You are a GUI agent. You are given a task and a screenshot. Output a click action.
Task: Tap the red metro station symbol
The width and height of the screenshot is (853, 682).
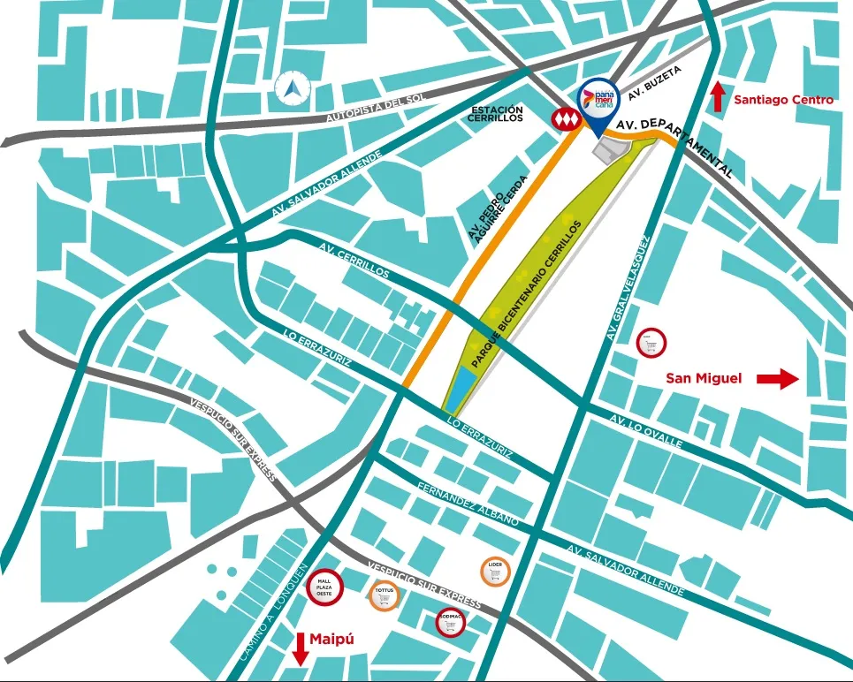pyautogui.click(x=563, y=118)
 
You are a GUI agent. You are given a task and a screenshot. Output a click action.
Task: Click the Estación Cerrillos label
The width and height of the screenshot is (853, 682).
pyautogui.click(x=497, y=117)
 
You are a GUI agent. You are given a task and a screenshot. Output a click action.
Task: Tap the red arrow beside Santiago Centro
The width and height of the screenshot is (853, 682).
pyautogui.click(x=718, y=95)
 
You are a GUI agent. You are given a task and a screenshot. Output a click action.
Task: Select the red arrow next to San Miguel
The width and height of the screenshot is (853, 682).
pyautogui.click(x=778, y=379)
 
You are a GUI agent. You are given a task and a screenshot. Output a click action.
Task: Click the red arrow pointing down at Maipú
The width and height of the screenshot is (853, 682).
pyautogui.click(x=300, y=648)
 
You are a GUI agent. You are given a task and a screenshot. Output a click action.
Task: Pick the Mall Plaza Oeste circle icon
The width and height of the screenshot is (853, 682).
pyautogui.click(x=324, y=586)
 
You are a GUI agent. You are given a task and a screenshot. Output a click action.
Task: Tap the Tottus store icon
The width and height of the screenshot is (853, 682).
pyautogui.click(x=384, y=597)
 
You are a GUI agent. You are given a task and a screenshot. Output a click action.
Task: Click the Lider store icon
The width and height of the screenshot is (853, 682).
pyautogui.click(x=494, y=572)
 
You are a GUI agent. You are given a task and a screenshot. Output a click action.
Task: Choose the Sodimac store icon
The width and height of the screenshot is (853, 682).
pyautogui.click(x=451, y=623)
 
